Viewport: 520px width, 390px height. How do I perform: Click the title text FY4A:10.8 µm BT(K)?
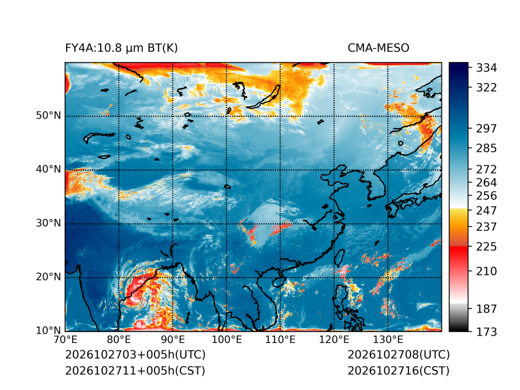(x=121, y=48)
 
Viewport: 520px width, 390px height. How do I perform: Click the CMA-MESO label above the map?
(x=378, y=48)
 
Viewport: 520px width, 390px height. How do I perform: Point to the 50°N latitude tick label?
(x=48, y=116)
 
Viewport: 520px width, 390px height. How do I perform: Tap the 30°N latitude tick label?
(x=48, y=223)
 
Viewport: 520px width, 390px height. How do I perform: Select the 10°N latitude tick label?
(x=48, y=330)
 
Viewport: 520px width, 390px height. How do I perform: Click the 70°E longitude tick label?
(x=65, y=340)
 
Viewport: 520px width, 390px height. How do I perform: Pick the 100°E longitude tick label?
(x=227, y=340)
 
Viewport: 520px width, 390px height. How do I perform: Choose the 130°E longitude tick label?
(x=388, y=340)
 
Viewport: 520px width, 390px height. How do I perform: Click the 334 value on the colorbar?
(x=487, y=68)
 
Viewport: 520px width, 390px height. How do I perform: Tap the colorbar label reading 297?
(x=487, y=129)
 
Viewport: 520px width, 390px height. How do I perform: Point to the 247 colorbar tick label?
(x=487, y=210)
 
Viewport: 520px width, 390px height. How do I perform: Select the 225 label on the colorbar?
(x=487, y=247)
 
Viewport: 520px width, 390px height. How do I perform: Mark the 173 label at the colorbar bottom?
(x=487, y=331)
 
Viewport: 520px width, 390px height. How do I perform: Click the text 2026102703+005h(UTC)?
(x=135, y=355)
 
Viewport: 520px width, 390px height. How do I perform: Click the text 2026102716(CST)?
(x=399, y=371)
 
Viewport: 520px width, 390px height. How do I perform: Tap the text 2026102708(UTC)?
(x=399, y=355)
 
